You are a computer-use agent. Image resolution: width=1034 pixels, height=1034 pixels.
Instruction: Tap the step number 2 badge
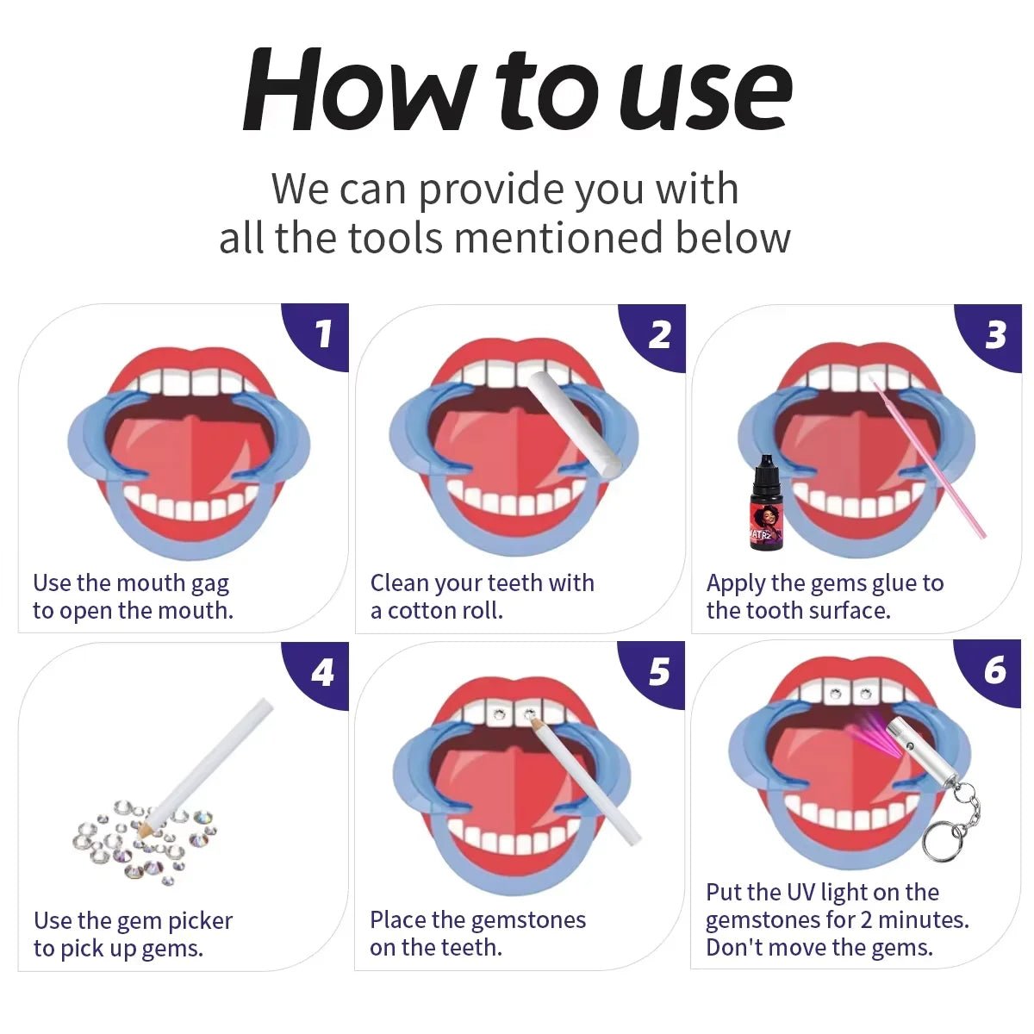click(x=659, y=333)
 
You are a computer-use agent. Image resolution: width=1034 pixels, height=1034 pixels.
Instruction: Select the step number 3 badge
click(x=995, y=333)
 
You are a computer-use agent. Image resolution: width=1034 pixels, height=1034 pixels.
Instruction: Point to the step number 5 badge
click(x=659, y=672)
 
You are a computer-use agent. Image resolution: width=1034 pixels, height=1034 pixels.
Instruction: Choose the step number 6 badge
click(x=994, y=670)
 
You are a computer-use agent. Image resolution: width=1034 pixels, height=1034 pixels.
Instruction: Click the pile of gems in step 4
click(x=142, y=840)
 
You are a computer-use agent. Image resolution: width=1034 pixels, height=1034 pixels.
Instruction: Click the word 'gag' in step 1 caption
click(x=210, y=583)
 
